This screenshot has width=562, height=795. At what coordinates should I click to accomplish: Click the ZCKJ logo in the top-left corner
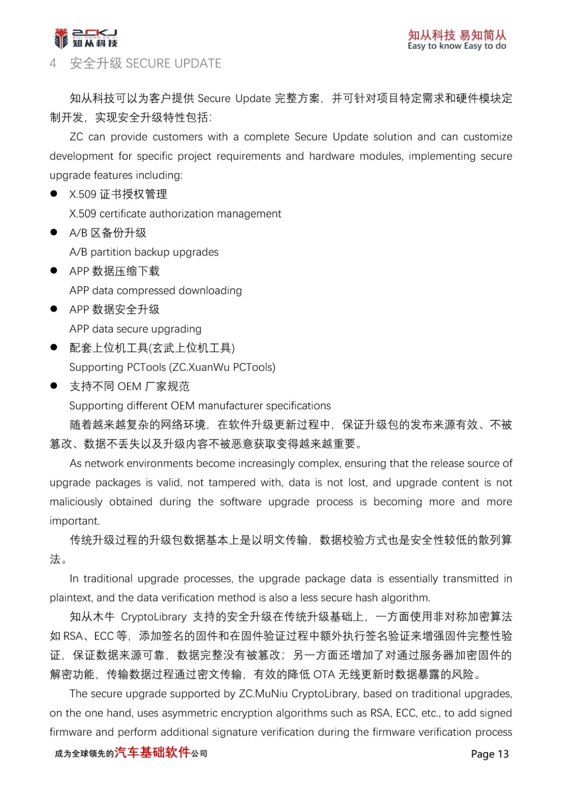pos(85,38)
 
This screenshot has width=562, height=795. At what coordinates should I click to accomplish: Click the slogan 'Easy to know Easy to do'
pos(457,46)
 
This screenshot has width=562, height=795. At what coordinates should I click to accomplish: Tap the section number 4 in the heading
pos(53,64)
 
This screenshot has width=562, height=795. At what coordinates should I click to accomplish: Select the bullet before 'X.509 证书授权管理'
pos(54,194)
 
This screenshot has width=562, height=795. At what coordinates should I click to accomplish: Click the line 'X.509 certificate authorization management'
pos(175,214)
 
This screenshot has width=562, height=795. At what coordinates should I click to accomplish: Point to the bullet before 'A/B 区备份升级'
pos(54,232)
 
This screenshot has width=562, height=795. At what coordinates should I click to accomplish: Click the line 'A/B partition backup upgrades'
pos(144,252)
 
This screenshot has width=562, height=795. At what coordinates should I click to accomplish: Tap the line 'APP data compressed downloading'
pos(156,291)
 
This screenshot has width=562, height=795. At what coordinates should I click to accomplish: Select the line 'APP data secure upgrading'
pos(135,329)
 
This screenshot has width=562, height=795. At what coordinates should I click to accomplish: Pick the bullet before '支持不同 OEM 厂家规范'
pos(54,386)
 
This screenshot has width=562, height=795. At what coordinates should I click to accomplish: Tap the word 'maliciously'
pos(76,502)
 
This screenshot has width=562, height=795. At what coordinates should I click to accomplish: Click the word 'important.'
pos(75,521)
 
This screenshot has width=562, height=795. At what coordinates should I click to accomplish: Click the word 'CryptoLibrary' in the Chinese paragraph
pos(154,617)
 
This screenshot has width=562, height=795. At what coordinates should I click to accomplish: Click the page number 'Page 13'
pos(489,754)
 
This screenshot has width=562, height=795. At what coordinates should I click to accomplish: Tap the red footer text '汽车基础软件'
pos(153,752)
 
